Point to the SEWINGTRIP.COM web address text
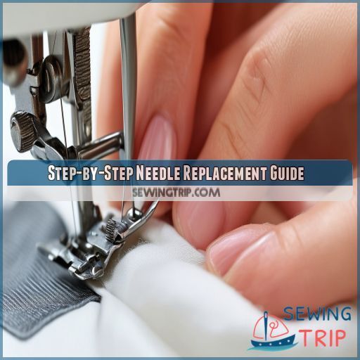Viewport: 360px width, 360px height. (x=180, y=192)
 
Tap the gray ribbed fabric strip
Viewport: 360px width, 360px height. (x=35, y=281)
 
